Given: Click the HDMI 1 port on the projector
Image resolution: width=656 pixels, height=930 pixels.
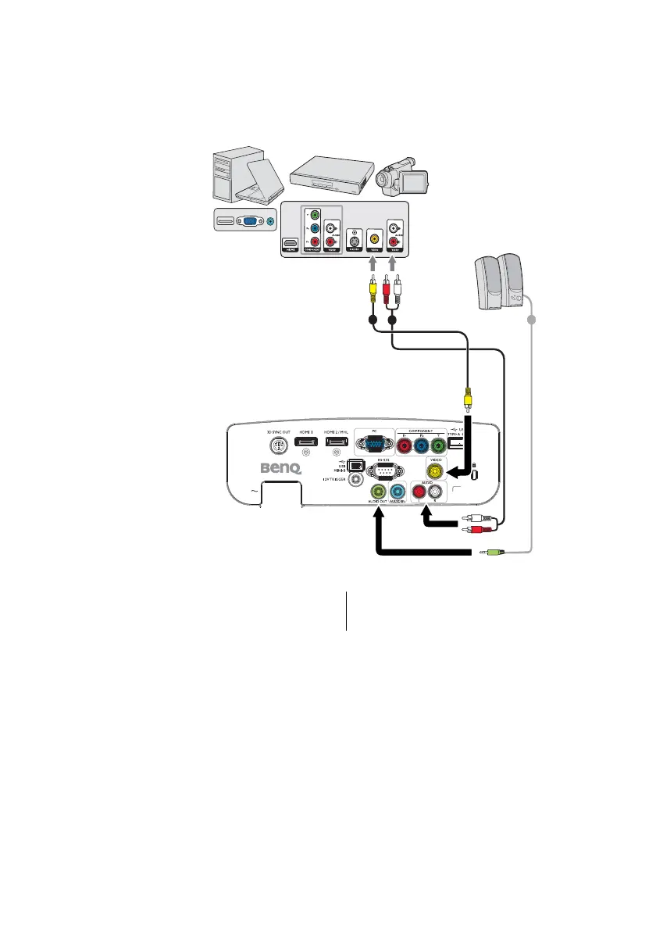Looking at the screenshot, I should (x=305, y=445).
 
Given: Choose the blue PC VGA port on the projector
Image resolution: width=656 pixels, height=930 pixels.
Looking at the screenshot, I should (x=376, y=446).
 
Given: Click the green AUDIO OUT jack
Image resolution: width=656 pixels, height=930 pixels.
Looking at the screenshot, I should (x=380, y=492).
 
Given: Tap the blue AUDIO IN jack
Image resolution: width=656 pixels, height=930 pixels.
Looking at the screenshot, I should (x=398, y=492).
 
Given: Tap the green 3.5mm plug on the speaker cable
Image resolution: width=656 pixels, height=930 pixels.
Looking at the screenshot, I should (x=491, y=553).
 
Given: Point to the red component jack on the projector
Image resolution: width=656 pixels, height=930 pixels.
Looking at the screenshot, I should (x=405, y=447).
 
